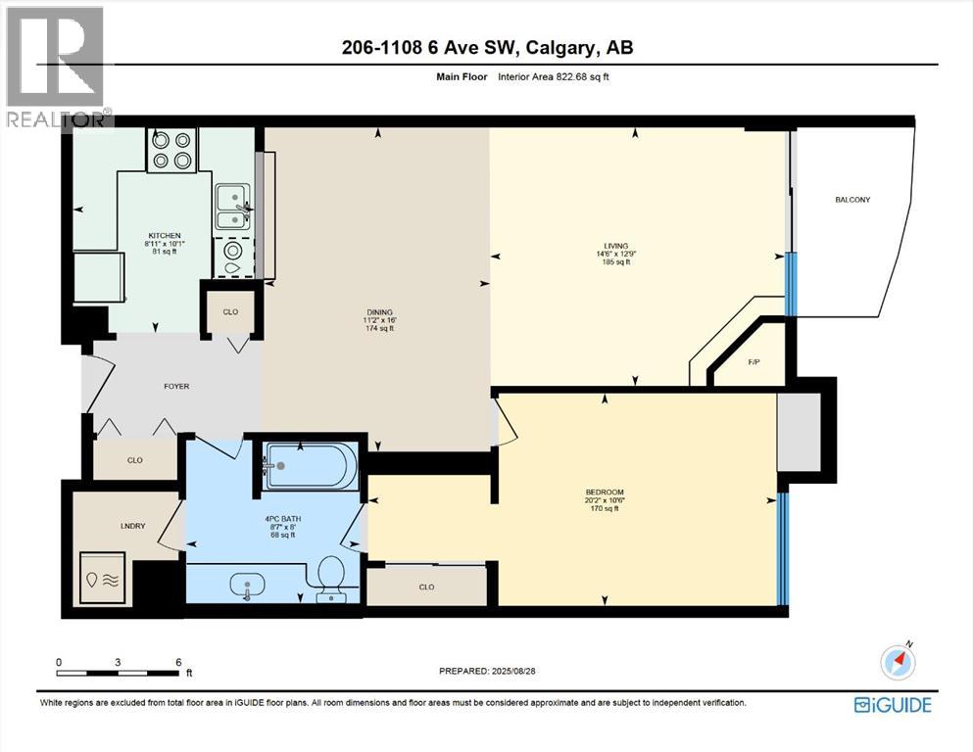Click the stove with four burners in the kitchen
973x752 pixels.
click(171, 150)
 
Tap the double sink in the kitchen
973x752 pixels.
click(231, 207)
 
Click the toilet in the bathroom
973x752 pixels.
click(331, 577)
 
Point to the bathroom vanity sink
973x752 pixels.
click(246, 586)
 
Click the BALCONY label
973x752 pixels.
click(852, 200)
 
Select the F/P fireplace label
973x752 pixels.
click(754, 362)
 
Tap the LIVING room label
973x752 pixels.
click(616, 247)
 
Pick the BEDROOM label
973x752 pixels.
click(604, 493)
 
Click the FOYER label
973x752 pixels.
click(176, 386)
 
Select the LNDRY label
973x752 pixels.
click(132, 526)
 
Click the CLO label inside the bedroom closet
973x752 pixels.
click(426, 587)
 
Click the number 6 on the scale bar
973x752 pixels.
click(178, 662)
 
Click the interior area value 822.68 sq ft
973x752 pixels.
click(584, 76)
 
